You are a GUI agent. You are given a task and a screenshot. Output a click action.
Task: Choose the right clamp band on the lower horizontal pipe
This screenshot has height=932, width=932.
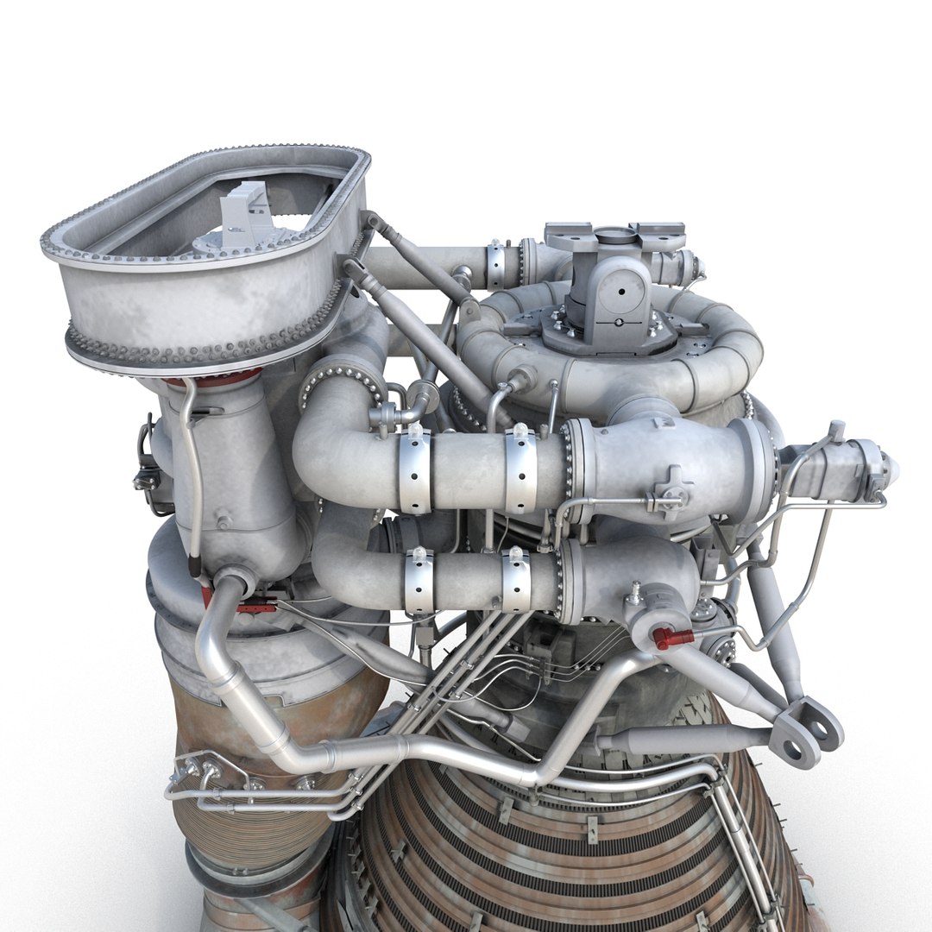click(516, 578)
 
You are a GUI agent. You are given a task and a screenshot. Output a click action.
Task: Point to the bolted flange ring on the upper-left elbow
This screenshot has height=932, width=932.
click(341, 380)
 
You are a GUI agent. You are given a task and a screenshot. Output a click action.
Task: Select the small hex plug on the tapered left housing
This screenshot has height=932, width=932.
click(223, 521)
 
